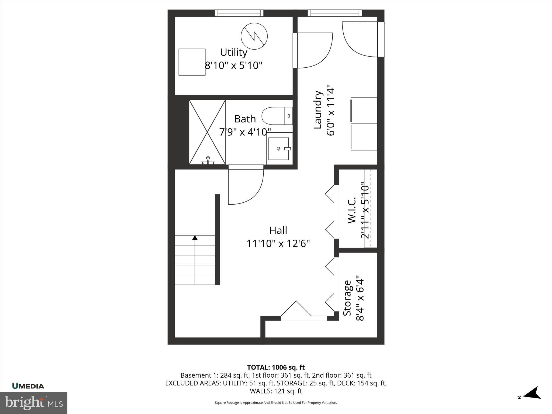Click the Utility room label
[233, 52]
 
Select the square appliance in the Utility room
[192, 62]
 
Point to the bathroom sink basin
[279, 149]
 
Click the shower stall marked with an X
[207, 132]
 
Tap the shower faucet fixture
[208, 160]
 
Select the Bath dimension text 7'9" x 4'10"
[245, 132]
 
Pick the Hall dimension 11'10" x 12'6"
[278, 244]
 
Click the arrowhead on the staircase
[195, 238]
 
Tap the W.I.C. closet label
[352, 210]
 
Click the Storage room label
[347, 298]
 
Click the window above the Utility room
[239, 13]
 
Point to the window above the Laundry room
[334, 13]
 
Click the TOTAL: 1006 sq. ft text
[276, 367]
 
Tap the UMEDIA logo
[28, 386]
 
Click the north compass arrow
[533, 400]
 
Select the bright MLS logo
[34, 403]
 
